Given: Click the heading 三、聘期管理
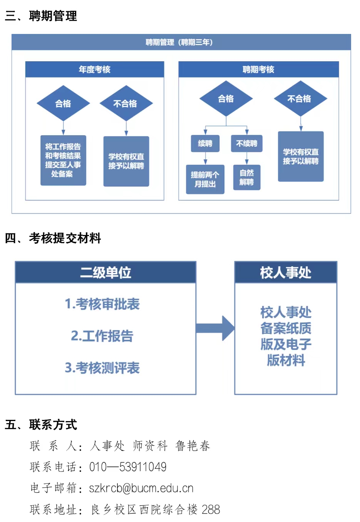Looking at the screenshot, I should (41, 16).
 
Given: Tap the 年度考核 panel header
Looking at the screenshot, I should (95, 69).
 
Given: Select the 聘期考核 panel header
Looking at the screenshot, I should (258, 69).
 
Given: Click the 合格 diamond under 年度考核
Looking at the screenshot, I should (63, 103).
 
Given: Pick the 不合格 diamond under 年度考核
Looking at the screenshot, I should (126, 103).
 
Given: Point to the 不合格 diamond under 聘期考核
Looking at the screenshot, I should (300, 99).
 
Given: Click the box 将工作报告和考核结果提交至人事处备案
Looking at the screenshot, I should (63, 160).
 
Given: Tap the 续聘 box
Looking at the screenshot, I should (205, 143).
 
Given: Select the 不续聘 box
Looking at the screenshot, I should (247, 143).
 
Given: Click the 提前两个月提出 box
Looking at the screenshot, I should (205, 179).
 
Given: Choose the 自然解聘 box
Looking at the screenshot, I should (247, 177).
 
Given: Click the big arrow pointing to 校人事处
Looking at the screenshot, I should (216, 328).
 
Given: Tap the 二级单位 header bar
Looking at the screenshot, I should (105, 272).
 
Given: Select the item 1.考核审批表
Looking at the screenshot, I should (102, 304).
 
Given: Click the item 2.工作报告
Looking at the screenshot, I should (102, 336).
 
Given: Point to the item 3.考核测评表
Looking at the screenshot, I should (102, 368).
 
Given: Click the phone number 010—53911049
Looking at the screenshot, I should (128, 467).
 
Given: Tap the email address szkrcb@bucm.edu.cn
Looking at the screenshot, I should (141, 488).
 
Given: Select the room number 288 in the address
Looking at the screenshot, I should (211, 509).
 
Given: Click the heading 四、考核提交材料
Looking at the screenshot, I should (53, 238).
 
